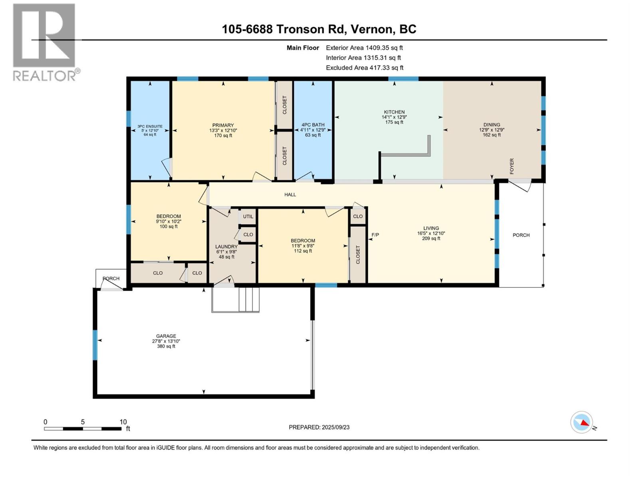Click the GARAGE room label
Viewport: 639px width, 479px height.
pyautogui.click(x=166, y=336)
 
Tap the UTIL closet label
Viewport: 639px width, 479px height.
pyautogui.click(x=248, y=217)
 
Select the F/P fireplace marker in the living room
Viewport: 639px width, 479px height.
pyautogui.click(x=375, y=235)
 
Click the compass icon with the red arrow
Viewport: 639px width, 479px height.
pyautogui.click(x=581, y=422)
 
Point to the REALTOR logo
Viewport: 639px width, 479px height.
pyautogui.click(x=44, y=42)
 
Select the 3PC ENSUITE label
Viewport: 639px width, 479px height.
pyautogui.click(x=150, y=126)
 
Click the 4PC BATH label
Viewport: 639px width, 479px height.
pyautogui.click(x=313, y=125)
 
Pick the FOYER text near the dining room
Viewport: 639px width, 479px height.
pyautogui.click(x=512, y=166)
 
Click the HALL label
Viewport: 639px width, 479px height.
pyautogui.click(x=290, y=194)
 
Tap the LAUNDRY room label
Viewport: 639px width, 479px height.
pyautogui.click(x=226, y=247)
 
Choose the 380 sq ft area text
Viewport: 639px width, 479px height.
pyautogui.click(x=166, y=346)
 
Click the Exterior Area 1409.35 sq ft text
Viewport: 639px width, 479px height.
pyautogui.click(x=364, y=48)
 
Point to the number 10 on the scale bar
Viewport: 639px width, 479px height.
pyautogui.click(x=123, y=422)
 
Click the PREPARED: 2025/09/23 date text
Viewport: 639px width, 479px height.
pyautogui.click(x=319, y=427)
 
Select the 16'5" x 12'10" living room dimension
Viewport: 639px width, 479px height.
pyautogui.click(x=431, y=234)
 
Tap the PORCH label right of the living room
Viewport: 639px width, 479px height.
pyautogui.click(x=521, y=235)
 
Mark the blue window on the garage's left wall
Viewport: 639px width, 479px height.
pyautogui.click(x=95, y=345)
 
